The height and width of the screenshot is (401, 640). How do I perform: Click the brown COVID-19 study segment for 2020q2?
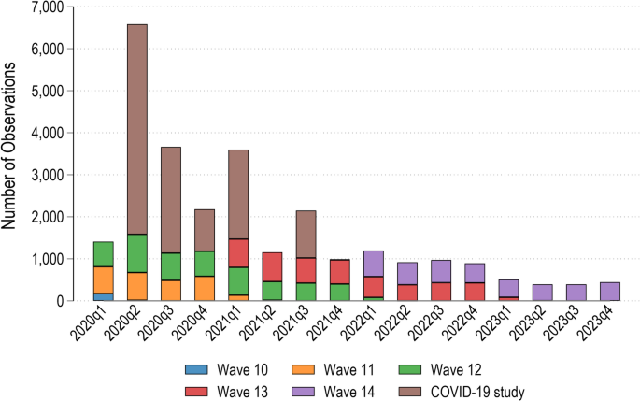137,129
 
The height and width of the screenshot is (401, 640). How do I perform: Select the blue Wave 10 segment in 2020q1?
104,297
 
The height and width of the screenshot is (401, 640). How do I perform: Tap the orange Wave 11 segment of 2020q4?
205,288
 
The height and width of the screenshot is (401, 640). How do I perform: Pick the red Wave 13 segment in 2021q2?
272,267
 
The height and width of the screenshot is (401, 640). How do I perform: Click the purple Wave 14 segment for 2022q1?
373,264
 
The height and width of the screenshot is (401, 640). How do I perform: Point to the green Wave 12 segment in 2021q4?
339,292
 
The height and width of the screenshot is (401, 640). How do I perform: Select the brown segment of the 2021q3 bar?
306,235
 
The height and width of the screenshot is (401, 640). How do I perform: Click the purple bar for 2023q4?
610,292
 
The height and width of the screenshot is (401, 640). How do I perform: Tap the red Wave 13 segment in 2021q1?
238,253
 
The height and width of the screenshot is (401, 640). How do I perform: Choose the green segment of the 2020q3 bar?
171,266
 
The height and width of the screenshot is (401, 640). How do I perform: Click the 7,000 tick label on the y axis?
48,7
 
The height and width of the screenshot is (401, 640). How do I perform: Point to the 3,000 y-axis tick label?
48,175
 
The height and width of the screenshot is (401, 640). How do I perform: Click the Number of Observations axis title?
8,146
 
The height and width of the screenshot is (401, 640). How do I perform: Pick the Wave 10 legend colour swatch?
196,369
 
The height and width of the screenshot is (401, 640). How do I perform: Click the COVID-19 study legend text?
477,392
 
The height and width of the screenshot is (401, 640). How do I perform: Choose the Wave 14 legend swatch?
304,392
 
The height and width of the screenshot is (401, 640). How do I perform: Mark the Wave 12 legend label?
456,370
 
